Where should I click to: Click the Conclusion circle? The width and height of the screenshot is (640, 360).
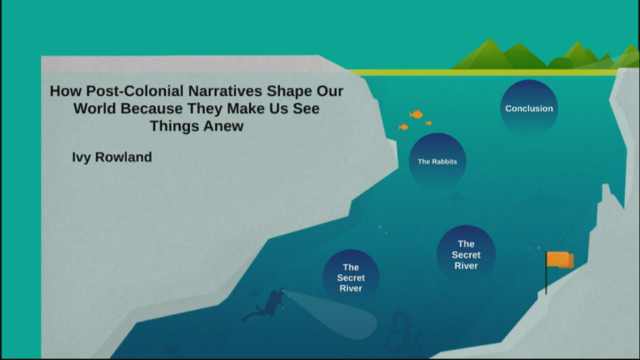click(529, 108)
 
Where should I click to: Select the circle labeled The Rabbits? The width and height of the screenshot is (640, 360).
click(437, 161)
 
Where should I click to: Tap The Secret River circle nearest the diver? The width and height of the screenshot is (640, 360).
click(351, 277)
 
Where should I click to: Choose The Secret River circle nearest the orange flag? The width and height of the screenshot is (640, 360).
click(466, 254)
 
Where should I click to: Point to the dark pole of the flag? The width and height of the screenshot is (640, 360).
click(546, 280)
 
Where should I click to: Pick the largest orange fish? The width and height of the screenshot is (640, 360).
click(416, 114)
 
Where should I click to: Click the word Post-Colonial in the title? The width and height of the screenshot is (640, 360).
click(135, 91)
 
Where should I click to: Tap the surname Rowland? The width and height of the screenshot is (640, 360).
click(123, 157)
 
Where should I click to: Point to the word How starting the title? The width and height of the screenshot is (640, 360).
click(65, 91)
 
